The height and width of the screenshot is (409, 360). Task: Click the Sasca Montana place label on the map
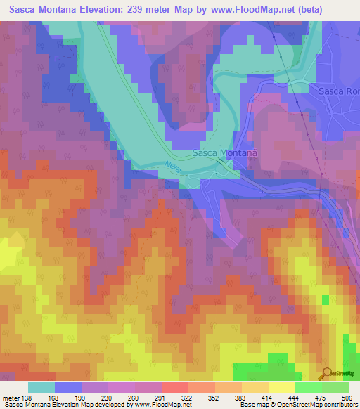(225, 152)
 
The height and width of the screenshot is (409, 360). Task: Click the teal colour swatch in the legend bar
(41, 387)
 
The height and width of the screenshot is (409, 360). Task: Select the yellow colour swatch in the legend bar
(281, 387)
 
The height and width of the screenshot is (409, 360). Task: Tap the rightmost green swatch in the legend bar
(335, 387)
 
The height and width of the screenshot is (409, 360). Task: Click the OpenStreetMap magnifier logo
(327, 372)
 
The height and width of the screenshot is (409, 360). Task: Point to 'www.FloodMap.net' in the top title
(266, 8)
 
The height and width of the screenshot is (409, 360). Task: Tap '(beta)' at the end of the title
(329, 8)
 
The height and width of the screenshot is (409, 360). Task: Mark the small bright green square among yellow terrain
(325, 300)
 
